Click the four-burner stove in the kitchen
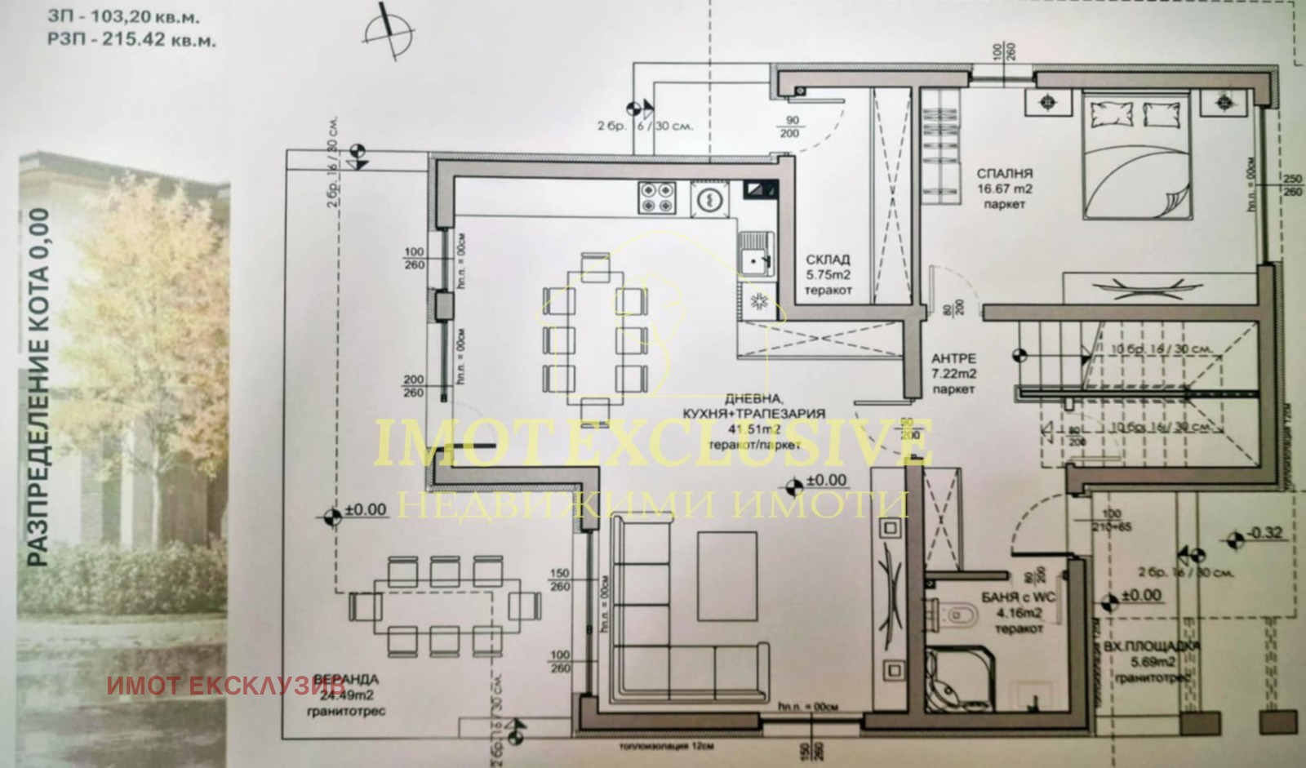tap(657, 197)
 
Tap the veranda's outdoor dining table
tap(445, 606)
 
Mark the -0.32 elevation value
tap(1266, 534)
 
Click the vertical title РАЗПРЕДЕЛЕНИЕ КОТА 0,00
tap(38, 387)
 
